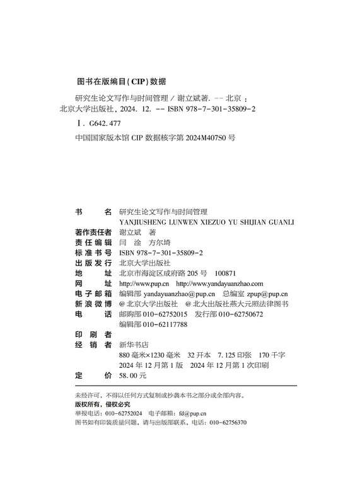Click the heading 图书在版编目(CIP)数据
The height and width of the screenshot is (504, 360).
(x=120, y=81)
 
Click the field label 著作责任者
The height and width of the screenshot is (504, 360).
(x=93, y=232)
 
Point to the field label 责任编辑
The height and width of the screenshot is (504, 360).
(x=93, y=242)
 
